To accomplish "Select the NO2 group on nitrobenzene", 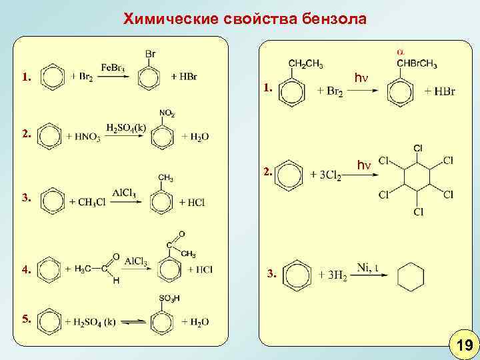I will pyautogui.click(x=167, y=113).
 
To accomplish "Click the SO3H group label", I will pyautogui.click(x=169, y=297).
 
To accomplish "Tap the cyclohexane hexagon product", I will pyautogui.click(x=411, y=275).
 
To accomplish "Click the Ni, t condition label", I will pyautogui.click(x=367, y=267).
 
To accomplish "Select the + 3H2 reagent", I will pyautogui.click(x=330, y=275).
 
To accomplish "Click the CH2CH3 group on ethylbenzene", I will pyautogui.click(x=306, y=64).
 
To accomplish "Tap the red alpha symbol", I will pyautogui.click(x=400, y=51).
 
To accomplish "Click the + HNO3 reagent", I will pyautogui.click(x=85, y=137).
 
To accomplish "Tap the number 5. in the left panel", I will pyautogui.click(x=27, y=319).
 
